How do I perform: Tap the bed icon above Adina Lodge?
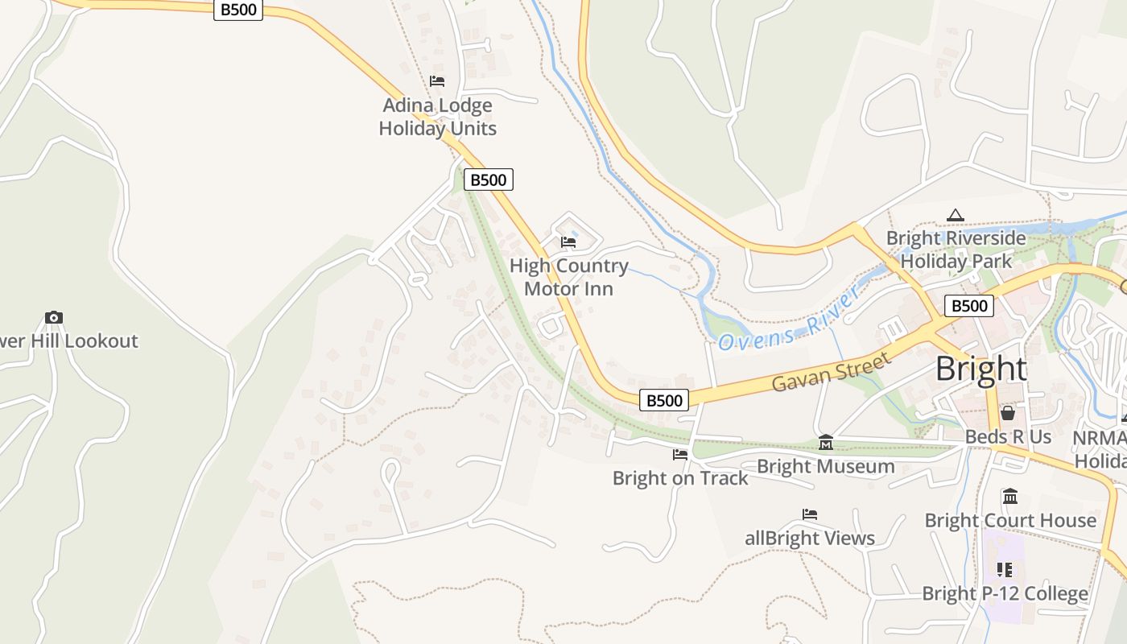pyautogui.click(x=437, y=81)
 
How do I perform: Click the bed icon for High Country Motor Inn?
pyautogui.click(x=568, y=242)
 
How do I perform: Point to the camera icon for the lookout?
pyautogui.click(x=54, y=317)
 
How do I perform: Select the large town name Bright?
pyautogui.click(x=981, y=369)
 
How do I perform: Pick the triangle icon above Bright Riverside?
pyautogui.click(x=956, y=215)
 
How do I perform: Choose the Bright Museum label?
pyautogui.click(x=826, y=466)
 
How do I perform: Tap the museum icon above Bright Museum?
pyautogui.click(x=826, y=442)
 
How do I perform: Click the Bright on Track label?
pyautogui.click(x=680, y=478)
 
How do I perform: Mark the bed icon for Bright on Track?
pyautogui.click(x=680, y=455)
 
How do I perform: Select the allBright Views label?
pyautogui.click(x=810, y=538)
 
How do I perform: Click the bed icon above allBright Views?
pyautogui.click(x=810, y=514)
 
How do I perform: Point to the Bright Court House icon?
pyautogui.click(x=1010, y=496)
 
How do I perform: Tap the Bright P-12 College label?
pyautogui.click(x=1005, y=594)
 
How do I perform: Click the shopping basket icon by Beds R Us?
pyautogui.click(x=1008, y=413)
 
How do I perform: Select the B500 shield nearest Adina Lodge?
pyautogui.click(x=488, y=180)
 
